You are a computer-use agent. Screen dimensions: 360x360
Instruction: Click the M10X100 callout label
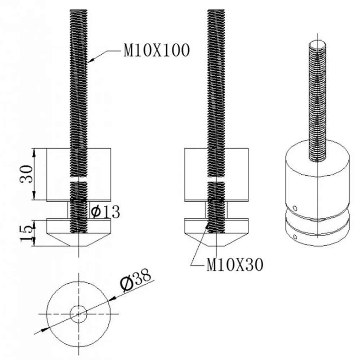click(156, 51)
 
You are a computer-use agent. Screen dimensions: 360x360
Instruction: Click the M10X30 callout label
click(235, 265)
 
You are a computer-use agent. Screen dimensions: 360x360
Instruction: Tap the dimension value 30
click(27, 174)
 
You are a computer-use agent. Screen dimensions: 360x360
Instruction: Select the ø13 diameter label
click(105, 212)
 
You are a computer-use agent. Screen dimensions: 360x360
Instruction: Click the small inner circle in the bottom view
click(78, 314)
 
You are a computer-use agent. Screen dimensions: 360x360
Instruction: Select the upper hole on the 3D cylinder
click(295, 208)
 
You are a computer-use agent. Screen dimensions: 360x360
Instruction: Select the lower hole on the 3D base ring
click(295, 237)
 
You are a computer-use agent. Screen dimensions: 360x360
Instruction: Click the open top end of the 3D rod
click(318, 45)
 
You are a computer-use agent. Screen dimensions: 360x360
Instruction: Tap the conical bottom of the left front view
click(78, 240)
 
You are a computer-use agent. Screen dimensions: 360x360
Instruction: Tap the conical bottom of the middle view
click(216, 240)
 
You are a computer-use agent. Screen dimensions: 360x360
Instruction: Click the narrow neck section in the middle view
click(216, 210)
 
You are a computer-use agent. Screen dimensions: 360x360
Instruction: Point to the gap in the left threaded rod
click(78, 179)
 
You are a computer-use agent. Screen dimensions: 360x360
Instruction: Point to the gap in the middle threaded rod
click(216, 179)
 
